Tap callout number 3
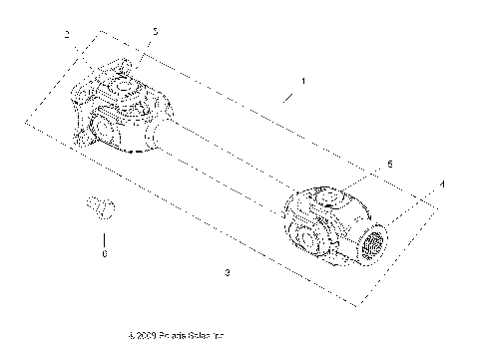(x=229, y=271)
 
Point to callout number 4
(x=442, y=184)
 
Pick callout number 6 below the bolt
(x=106, y=253)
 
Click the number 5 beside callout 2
(x=155, y=33)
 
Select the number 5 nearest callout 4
(x=389, y=163)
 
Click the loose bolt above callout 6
(x=101, y=206)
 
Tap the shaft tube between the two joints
(x=230, y=160)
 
